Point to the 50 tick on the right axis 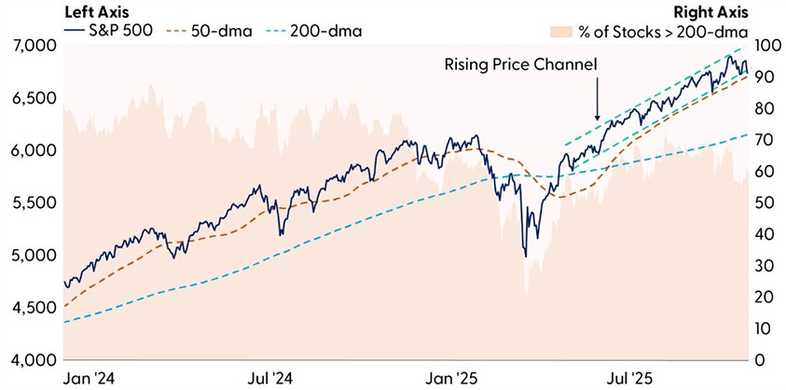tap(765, 203)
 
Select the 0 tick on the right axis tap(762, 360)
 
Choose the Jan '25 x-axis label tap(452, 379)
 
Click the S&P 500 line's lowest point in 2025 tap(525, 256)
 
